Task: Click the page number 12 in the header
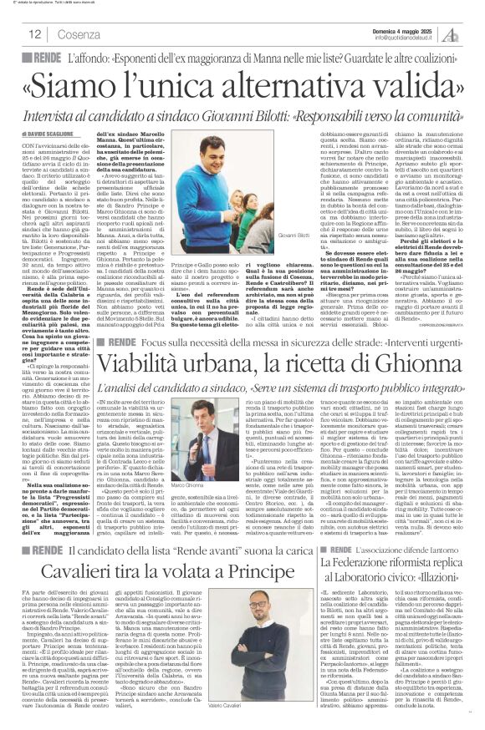pos(35,34)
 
